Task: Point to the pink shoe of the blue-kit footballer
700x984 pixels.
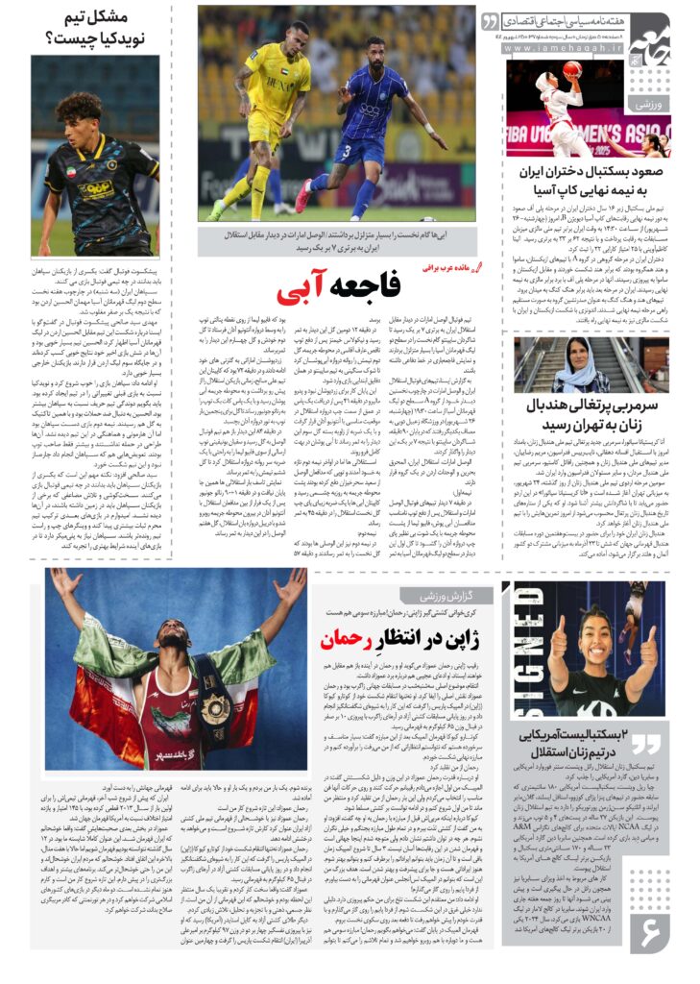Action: tap(303, 197)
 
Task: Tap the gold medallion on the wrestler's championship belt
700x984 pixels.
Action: tap(215, 708)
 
